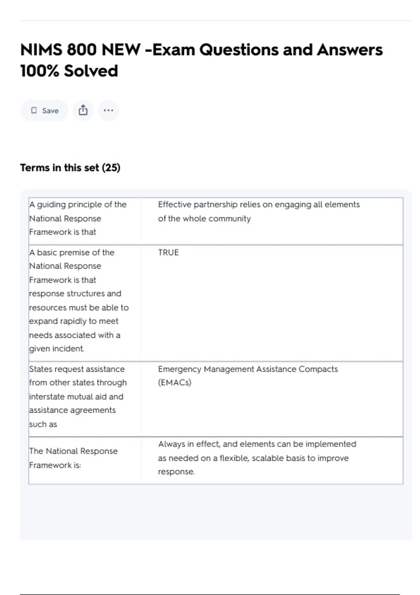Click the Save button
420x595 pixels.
(x=44, y=111)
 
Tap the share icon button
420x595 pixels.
(x=83, y=111)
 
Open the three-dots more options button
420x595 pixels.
(x=108, y=111)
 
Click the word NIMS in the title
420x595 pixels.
(x=41, y=50)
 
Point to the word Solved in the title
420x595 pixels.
(x=91, y=71)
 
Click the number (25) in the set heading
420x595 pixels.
(x=111, y=168)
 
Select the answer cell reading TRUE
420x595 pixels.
(x=168, y=252)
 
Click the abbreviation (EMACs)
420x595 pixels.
(x=175, y=383)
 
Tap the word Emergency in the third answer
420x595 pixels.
(x=179, y=369)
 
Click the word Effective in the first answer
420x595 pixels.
(x=174, y=204)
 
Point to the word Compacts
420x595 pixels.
(x=318, y=369)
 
